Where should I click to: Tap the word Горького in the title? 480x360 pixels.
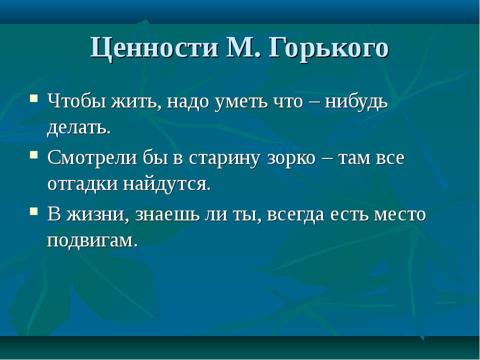329,48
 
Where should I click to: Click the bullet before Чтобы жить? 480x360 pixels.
34,98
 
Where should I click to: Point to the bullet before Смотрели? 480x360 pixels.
34,154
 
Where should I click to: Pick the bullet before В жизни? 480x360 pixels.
34,211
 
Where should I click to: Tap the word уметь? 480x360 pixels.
240,101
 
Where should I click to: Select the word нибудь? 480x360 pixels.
356,101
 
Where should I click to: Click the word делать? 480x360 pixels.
79,128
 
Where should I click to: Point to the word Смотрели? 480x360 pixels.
92,158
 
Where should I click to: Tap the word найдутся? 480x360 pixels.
167,185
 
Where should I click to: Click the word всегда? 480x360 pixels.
295,215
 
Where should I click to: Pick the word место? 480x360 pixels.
400,214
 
